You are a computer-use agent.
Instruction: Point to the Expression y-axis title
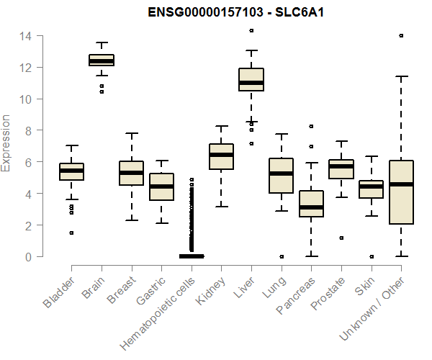[6, 143]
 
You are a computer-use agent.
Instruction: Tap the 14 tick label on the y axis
[26, 35]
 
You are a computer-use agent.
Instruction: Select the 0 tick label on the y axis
[30, 257]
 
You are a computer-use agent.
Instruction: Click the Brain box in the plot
[102, 60]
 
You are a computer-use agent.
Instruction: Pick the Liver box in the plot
[251, 79]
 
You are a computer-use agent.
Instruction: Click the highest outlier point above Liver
[251, 31]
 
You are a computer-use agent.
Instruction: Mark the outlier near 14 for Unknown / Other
[401, 35]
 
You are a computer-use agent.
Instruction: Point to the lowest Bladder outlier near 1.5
[71, 233]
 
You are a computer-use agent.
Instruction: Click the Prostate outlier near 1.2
[341, 238]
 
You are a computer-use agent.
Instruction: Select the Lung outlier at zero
[282, 256]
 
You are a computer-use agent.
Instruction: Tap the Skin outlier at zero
[372, 256]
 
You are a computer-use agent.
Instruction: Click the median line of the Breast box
[132, 173]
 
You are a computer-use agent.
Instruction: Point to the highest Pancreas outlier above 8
[312, 126]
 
